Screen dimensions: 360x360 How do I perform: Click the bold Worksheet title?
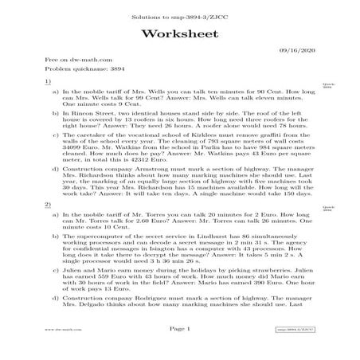coord(179,33)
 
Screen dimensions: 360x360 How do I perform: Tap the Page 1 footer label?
coord(179,348)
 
